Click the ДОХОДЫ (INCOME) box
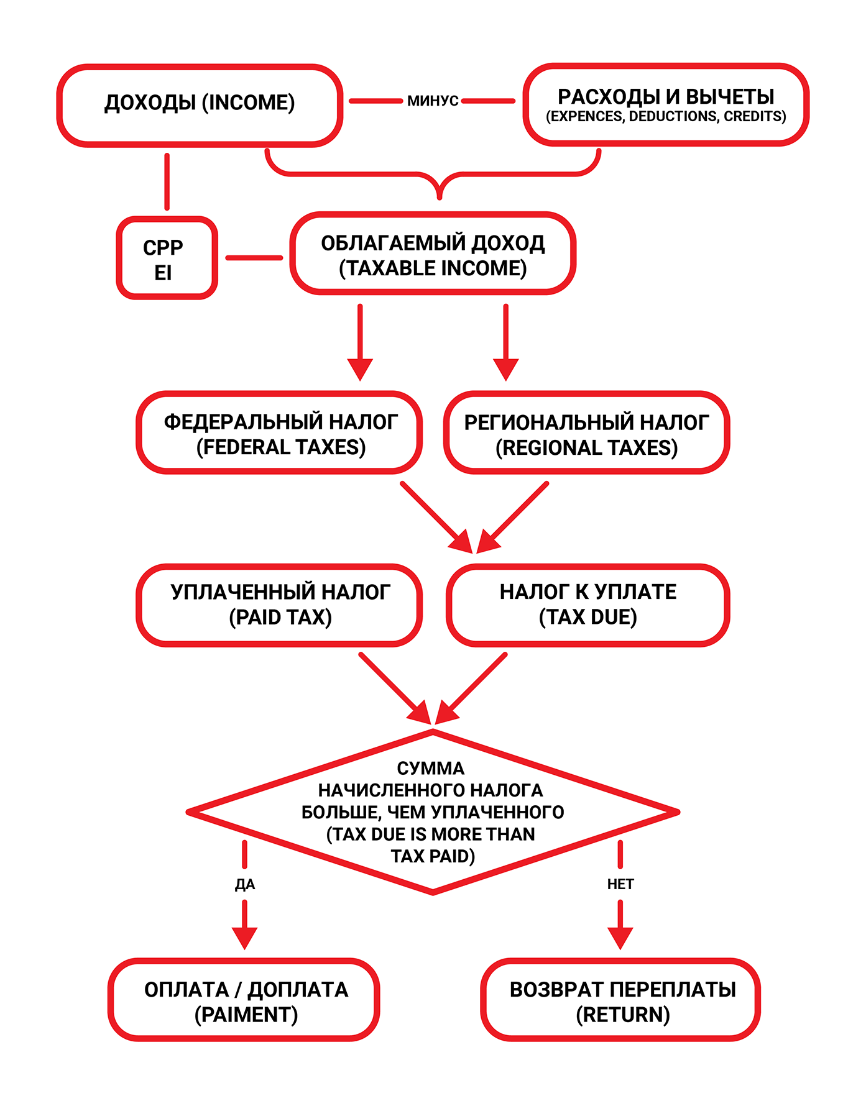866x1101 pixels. [200, 105]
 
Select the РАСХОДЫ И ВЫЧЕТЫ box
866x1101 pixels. [666, 105]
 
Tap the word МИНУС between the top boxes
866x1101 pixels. [433, 101]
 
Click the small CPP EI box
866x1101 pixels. [167, 258]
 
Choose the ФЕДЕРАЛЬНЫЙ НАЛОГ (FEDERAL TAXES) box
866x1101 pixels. [280, 433]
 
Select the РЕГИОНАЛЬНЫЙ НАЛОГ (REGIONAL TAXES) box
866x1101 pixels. [586, 433]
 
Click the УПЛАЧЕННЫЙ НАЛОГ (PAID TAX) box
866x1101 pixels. [280, 605]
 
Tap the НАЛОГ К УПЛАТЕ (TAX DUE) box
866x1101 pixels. [587, 605]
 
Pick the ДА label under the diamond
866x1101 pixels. [245, 884]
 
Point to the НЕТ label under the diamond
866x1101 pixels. [620, 884]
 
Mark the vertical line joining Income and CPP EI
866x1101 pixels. [167, 181]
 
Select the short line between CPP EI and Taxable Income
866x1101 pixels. [254, 257]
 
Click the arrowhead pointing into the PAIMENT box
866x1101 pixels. [245, 937]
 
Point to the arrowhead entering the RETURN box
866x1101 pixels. [620, 937]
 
